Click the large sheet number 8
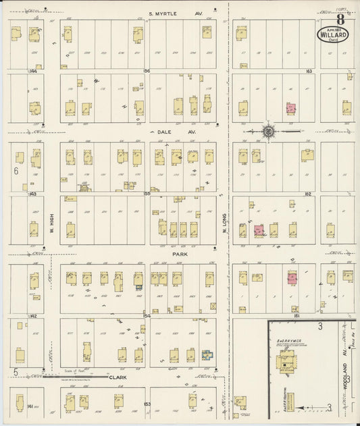(x=340, y=19)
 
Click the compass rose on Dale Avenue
(x=267, y=132)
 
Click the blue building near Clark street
(x=207, y=354)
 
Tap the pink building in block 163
(x=291, y=107)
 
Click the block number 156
(x=145, y=70)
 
